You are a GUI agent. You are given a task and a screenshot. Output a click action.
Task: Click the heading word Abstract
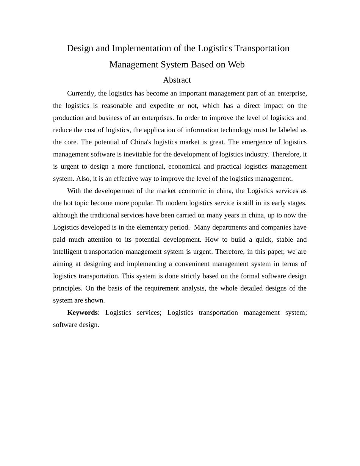tap(177, 80)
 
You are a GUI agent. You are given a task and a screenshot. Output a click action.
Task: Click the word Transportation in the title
tap(262, 48)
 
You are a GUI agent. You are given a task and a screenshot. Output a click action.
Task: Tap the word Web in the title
tap(236, 65)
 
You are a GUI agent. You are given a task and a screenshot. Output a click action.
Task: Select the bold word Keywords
tap(82, 313)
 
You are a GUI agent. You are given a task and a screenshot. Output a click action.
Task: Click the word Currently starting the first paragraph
tap(81, 93)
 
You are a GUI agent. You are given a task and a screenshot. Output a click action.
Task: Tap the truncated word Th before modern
tap(160, 203)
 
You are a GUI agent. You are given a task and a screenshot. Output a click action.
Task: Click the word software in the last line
tap(66, 325)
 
